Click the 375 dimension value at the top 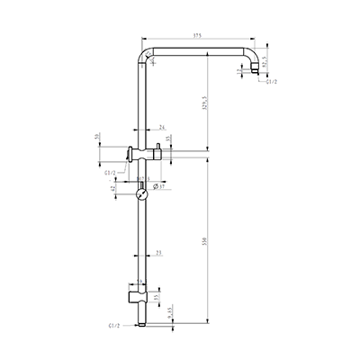click(196, 37)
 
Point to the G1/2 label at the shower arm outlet click(271, 82)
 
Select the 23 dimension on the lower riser click(159, 254)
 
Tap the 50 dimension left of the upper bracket click(96, 138)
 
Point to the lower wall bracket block click(135, 293)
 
